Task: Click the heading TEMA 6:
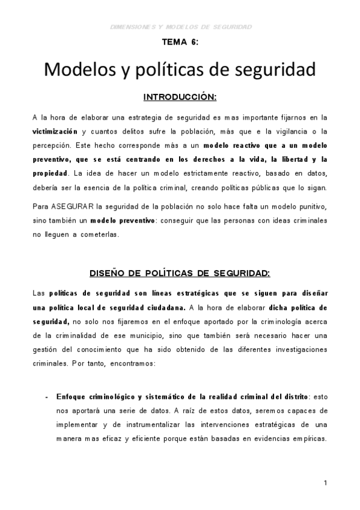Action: click(180, 43)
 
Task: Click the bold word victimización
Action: click(55, 131)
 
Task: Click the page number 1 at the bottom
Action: click(325, 483)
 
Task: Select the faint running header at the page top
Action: click(180, 26)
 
